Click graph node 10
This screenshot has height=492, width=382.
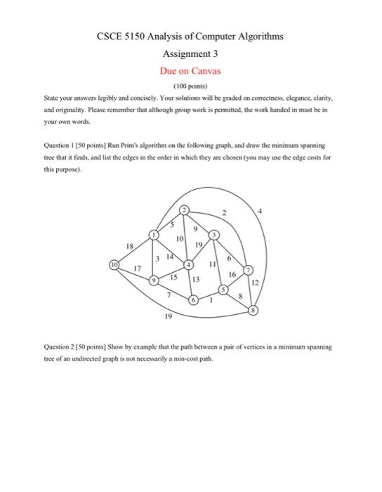pyautogui.click(x=114, y=264)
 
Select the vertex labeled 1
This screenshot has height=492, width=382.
pyautogui.click(x=154, y=234)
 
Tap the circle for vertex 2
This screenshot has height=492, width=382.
pyautogui.click(x=185, y=210)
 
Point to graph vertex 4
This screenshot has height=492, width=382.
pyautogui.click(x=188, y=264)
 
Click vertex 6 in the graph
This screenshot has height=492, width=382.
pyautogui.click(x=193, y=300)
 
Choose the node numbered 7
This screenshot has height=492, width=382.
pyautogui.click(x=247, y=271)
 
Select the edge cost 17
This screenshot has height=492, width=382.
pyautogui.click(x=138, y=268)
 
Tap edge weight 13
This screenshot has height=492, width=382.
pyautogui.click(x=197, y=279)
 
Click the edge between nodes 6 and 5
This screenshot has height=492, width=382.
pyautogui.click(x=209, y=295)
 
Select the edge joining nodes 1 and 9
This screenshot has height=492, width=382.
pyautogui.click(x=154, y=258)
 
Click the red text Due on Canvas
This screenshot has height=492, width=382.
pyautogui.click(x=190, y=71)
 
